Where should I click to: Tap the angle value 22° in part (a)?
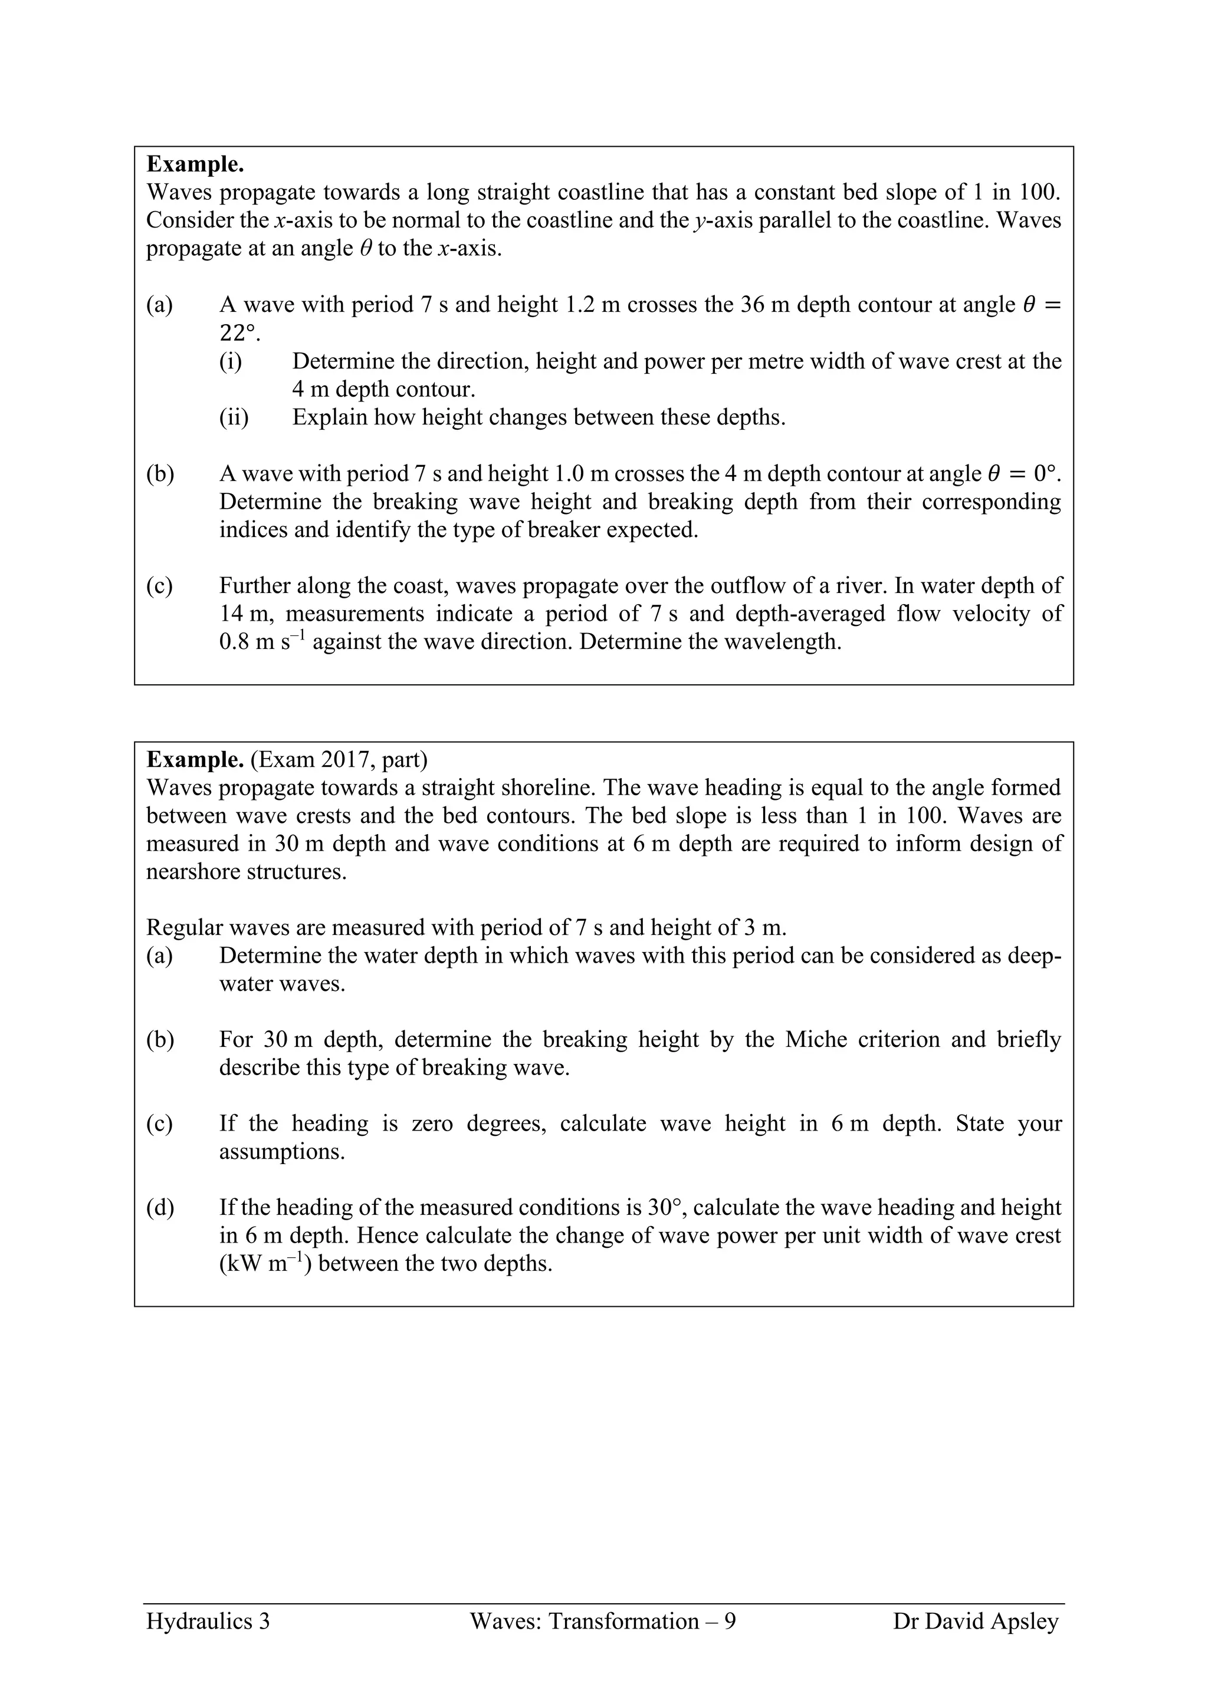239,332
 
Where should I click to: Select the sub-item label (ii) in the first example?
234,417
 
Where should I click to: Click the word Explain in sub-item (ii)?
329,417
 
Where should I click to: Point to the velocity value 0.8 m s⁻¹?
262,642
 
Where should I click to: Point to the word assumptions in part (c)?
282,1152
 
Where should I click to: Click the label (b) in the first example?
160,473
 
